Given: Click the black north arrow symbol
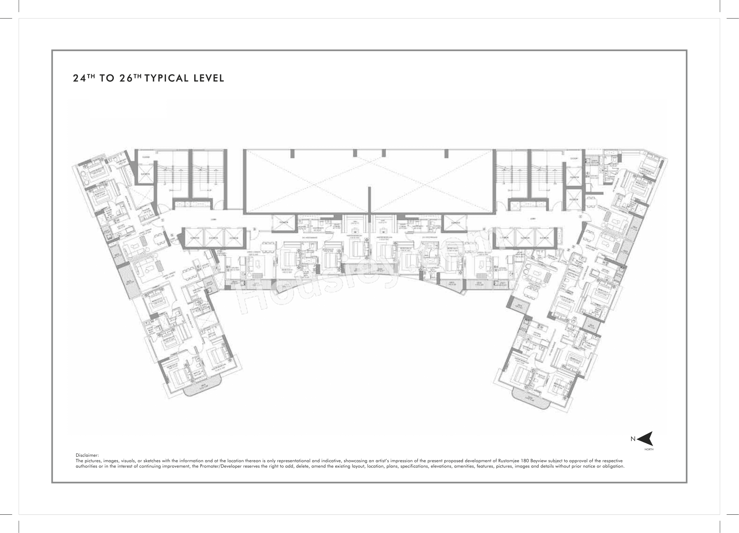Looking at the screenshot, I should (x=646, y=439).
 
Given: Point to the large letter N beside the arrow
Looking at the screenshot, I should (x=633, y=439).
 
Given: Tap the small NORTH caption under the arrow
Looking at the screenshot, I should (x=649, y=449).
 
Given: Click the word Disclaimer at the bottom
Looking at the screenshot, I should (x=87, y=455).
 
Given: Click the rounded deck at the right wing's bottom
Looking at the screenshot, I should (x=531, y=399).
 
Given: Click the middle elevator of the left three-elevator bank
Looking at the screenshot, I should (x=214, y=238).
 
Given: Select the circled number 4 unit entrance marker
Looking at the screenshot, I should (x=484, y=229).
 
